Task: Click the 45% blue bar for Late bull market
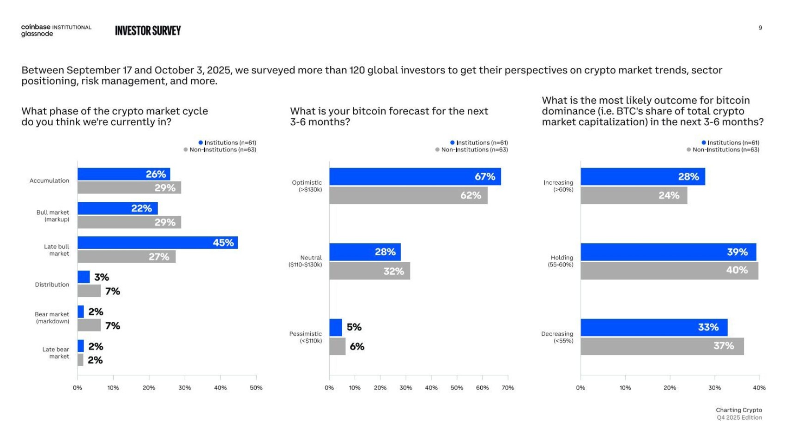pyautogui.click(x=158, y=243)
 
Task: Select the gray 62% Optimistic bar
pyautogui.click(x=408, y=195)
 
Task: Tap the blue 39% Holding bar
pyautogui.click(x=668, y=252)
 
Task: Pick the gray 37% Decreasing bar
pyautogui.click(x=662, y=346)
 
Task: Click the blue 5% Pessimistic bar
pyautogui.click(x=336, y=327)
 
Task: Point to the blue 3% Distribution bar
pyautogui.click(x=84, y=277)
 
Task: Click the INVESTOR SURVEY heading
pyautogui.click(x=148, y=31)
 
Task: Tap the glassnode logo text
pyautogui.click(x=37, y=34)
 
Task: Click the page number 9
pyautogui.click(x=760, y=28)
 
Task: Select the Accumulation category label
pyautogui.click(x=49, y=181)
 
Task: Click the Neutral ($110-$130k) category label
pyautogui.click(x=305, y=261)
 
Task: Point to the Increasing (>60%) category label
pyautogui.click(x=558, y=186)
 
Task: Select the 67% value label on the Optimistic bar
pyautogui.click(x=485, y=176)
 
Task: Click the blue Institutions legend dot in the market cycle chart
pyautogui.click(x=201, y=143)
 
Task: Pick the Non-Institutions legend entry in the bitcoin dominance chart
pyautogui.click(x=723, y=150)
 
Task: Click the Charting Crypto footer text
pyautogui.click(x=739, y=410)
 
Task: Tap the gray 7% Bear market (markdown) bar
pyautogui.click(x=89, y=325)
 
